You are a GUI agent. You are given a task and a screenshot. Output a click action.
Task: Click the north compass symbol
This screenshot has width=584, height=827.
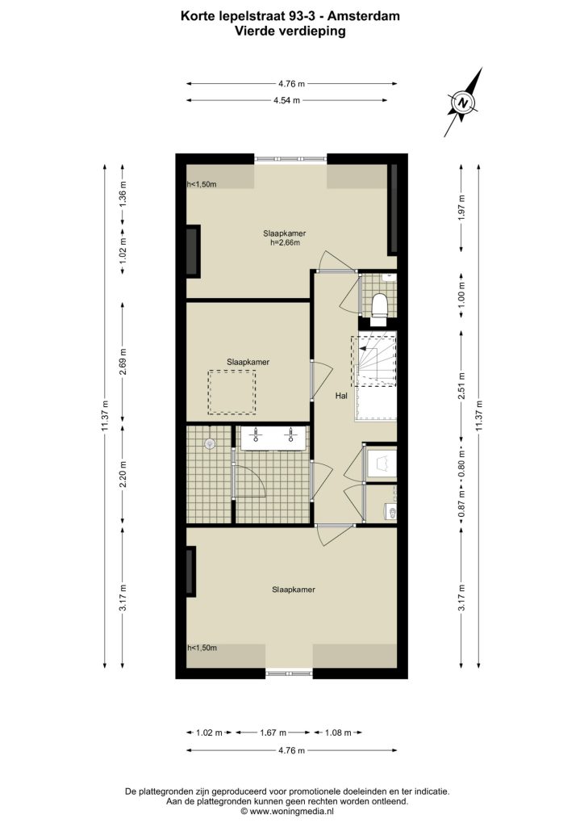pos(462,103)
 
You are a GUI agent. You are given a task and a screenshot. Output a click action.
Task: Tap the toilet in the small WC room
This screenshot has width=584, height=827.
pos(379,307)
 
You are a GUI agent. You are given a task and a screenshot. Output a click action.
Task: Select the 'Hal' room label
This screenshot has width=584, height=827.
pos(341,396)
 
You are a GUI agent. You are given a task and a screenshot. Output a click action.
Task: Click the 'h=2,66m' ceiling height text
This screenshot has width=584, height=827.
pos(285,242)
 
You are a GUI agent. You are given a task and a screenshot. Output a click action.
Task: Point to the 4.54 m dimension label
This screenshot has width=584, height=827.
pos(286,100)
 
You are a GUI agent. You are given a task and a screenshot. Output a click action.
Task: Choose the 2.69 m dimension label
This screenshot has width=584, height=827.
pos(122,363)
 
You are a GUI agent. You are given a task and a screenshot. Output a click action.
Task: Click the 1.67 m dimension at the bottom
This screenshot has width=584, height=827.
pos(273,733)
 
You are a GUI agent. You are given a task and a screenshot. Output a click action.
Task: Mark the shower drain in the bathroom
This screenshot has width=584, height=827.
pos(210,443)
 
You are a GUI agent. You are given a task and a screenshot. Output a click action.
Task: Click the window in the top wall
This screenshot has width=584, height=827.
pos(290,158)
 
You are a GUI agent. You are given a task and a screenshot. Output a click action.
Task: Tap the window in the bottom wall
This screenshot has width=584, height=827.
pos(289,673)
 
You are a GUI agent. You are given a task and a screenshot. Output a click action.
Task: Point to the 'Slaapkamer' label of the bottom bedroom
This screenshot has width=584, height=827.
pos(294,590)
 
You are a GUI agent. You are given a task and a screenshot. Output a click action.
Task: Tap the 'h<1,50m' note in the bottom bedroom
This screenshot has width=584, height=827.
pos(202,648)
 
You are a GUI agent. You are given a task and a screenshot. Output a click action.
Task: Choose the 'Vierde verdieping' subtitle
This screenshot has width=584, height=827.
pos(290,31)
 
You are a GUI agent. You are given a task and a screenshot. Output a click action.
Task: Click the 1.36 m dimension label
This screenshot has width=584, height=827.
pos(122,195)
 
